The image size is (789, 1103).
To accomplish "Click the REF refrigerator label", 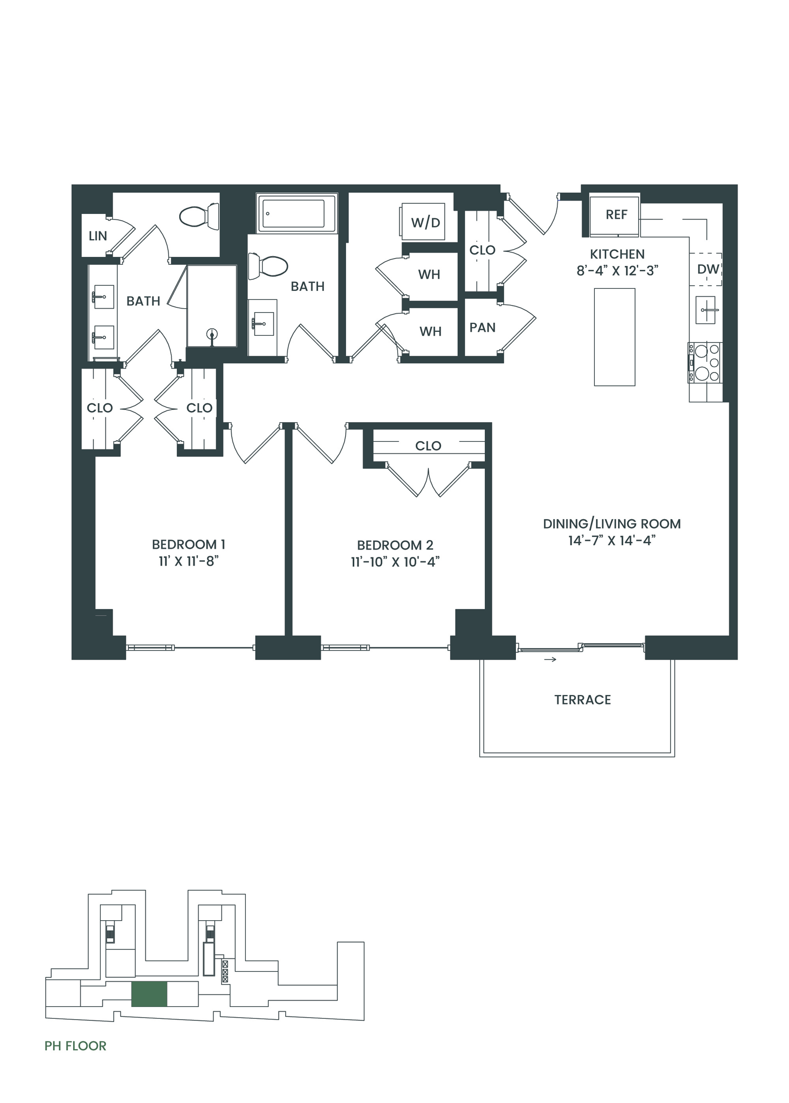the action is tap(616, 214).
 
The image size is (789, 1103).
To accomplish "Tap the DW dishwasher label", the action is tap(707, 269).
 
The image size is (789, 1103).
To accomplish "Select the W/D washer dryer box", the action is tap(423, 221).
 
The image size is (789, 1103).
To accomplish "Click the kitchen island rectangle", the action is tap(615, 337).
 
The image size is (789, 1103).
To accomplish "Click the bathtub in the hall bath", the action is tap(297, 214).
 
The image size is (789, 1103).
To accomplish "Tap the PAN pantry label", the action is tap(483, 327).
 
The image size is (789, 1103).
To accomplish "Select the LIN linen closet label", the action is tap(98, 236).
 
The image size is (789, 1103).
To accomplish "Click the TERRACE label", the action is tap(583, 700).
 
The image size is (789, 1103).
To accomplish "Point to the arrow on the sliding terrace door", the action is tap(550, 659).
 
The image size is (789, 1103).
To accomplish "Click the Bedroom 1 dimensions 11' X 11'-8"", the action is tap(188, 561).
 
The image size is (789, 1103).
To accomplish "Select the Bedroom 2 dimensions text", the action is tap(395, 562).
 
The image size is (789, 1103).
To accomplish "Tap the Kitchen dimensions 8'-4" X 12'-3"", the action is tap(617, 270).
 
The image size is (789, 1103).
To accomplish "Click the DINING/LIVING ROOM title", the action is tap(611, 524).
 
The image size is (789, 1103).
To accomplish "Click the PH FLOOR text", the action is tap(75, 1046).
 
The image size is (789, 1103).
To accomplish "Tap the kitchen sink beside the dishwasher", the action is tap(705, 310).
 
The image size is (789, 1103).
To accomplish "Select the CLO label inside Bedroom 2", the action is tap(428, 445).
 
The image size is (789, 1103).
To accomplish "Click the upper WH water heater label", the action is tap(429, 274).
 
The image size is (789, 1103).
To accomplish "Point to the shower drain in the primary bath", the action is tap(211, 334).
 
